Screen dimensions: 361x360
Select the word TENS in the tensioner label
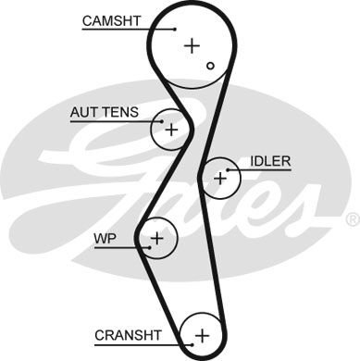pos(119,112)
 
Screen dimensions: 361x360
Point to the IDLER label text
pos(270,161)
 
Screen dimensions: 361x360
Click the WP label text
pos(104,238)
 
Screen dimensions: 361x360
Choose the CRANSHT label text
pos(129,333)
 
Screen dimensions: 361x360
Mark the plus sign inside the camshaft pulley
pos(192,44)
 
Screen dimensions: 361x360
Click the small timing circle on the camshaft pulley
pos(212,66)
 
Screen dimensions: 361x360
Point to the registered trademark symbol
pos(352,219)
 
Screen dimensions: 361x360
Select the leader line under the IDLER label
pos(264,170)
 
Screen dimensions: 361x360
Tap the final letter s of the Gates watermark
pos(301,208)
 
